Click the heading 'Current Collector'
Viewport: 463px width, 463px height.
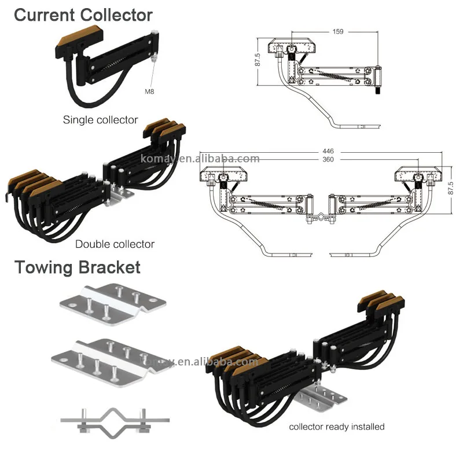click(x=83, y=15)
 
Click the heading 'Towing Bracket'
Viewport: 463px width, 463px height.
click(x=77, y=267)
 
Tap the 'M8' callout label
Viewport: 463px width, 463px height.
click(x=149, y=91)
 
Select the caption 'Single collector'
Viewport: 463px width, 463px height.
click(x=100, y=120)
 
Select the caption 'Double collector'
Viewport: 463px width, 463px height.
click(x=115, y=244)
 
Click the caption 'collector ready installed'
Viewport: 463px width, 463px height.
click(x=337, y=427)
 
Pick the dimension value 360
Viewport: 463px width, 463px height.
click(x=328, y=159)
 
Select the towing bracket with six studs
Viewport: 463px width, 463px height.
click(x=110, y=357)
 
